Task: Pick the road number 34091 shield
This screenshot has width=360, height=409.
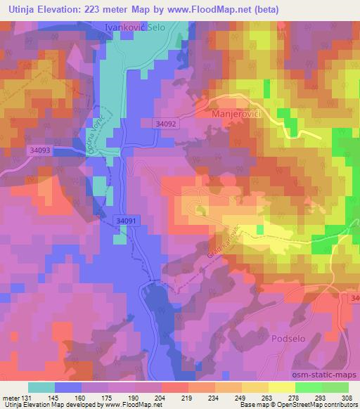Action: [x=124, y=221]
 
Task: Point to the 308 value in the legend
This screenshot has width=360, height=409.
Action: [x=347, y=397]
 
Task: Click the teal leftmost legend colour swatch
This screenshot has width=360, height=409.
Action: [x=41, y=387]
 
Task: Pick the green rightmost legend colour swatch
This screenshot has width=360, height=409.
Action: [x=335, y=387]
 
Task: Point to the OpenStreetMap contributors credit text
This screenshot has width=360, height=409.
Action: [x=320, y=405]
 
